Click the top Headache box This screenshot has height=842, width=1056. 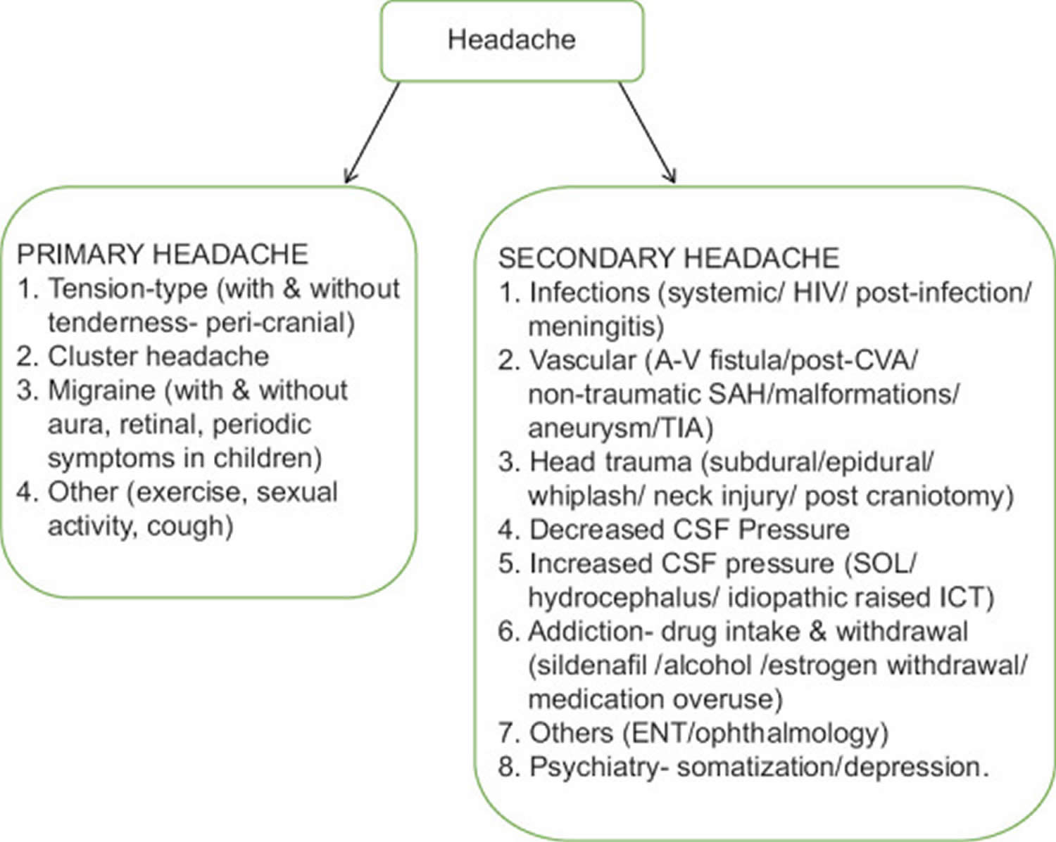512,40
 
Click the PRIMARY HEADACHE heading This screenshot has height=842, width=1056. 163,254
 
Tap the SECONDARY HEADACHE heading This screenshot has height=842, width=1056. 668,258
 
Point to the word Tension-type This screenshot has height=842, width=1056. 127,288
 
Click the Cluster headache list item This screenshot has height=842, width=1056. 158,357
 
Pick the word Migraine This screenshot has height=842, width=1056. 101,390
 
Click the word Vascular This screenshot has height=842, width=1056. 582,360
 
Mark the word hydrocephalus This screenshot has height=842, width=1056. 623,598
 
